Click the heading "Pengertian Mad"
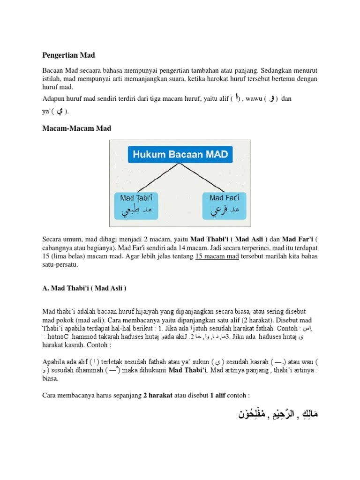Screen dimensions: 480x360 [69, 55]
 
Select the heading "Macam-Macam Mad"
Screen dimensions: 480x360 [77, 128]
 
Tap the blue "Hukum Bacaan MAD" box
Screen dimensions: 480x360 [180, 154]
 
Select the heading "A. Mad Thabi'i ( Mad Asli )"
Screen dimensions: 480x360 [84, 288]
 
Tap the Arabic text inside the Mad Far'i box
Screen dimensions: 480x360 [221, 211]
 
